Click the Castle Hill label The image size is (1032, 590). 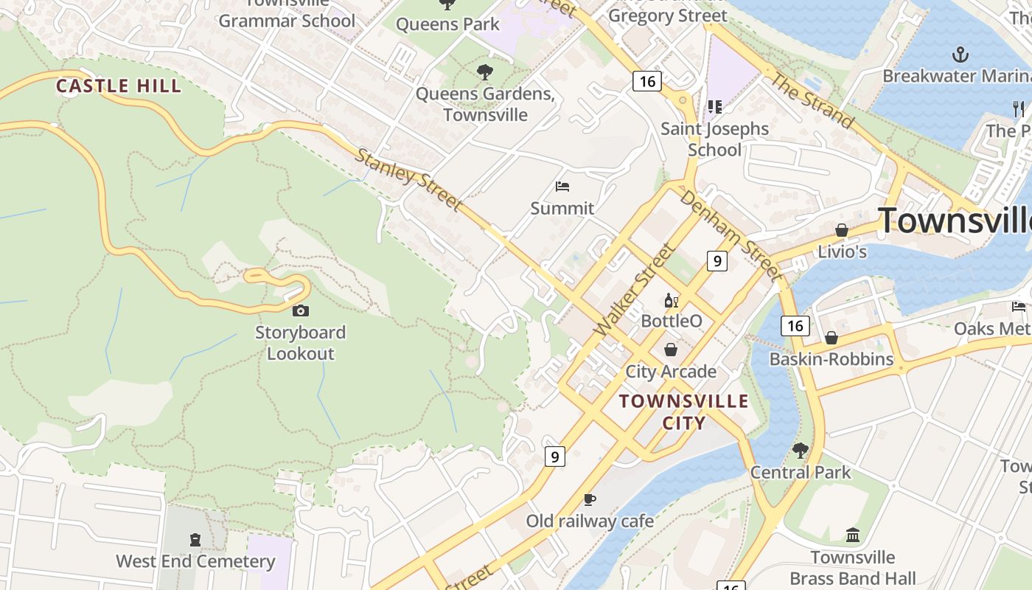pyautogui.click(x=119, y=86)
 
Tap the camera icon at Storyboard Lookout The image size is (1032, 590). pyautogui.click(x=301, y=311)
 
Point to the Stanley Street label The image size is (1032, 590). pyautogui.click(x=409, y=180)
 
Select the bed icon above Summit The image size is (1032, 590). pyautogui.click(x=562, y=187)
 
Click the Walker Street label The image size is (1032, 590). pyautogui.click(x=634, y=290)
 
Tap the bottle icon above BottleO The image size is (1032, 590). pyautogui.click(x=671, y=300)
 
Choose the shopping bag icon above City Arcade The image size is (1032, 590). pyautogui.click(x=671, y=350)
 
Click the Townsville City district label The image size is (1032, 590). pyautogui.click(x=684, y=412)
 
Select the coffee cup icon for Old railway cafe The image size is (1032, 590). pyautogui.click(x=589, y=500)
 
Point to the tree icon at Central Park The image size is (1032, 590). pyautogui.click(x=800, y=450)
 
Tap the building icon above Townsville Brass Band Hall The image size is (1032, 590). pyautogui.click(x=853, y=535)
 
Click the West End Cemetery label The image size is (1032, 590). pyautogui.click(x=195, y=561)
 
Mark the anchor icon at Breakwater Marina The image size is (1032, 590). pyautogui.click(x=960, y=54)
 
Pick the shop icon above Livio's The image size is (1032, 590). pyautogui.click(x=841, y=230)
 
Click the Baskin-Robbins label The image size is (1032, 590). pyautogui.click(x=831, y=359)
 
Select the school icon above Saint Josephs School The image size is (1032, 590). pyautogui.click(x=714, y=107)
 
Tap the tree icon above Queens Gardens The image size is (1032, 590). pyautogui.click(x=484, y=72)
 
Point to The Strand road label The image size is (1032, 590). pyautogui.click(x=812, y=100)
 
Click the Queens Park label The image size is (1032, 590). pyautogui.click(x=447, y=24)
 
